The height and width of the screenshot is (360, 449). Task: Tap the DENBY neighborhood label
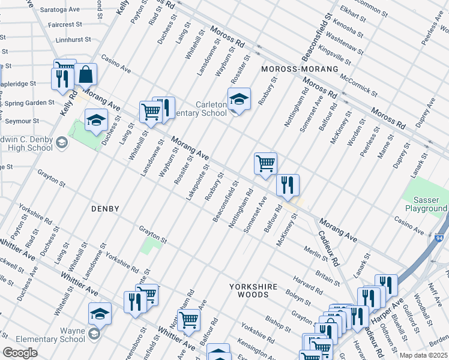(x=105, y=209)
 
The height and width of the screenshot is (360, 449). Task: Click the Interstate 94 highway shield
(x=439, y=239)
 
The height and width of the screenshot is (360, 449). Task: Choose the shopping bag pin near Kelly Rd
(x=86, y=75)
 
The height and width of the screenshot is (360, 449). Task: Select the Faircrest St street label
(x=65, y=25)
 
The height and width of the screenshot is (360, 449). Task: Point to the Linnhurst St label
(x=73, y=39)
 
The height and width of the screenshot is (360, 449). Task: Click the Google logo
(x=20, y=353)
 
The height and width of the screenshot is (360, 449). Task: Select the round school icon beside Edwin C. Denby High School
(x=62, y=142)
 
